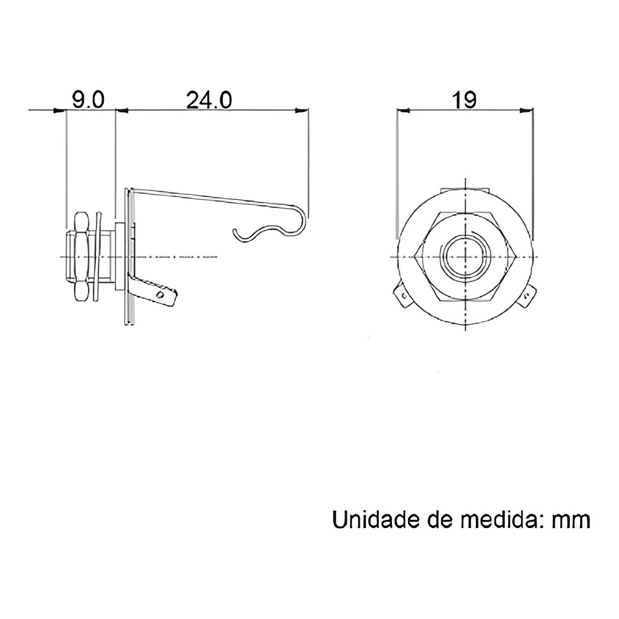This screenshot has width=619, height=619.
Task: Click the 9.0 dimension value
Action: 89,100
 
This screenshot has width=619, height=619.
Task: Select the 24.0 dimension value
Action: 209,100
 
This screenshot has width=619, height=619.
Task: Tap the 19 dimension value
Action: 464,100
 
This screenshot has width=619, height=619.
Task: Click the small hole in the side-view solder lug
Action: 160,295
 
